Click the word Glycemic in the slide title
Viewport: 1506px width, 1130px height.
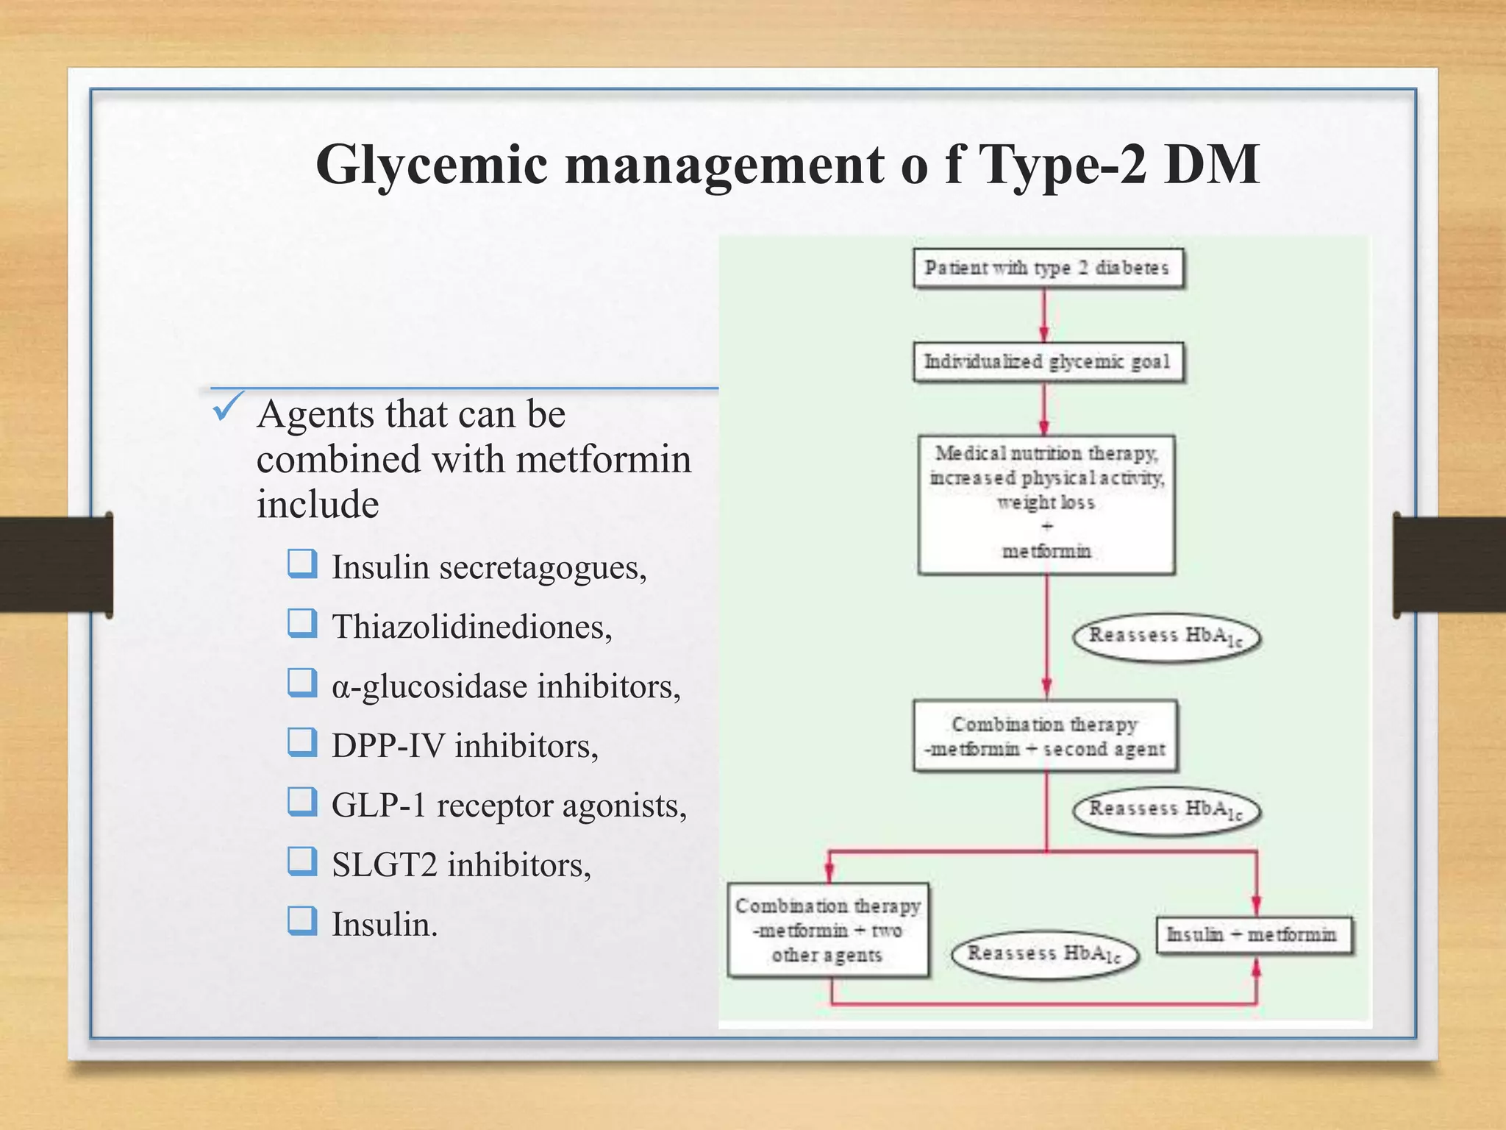click(432, 165)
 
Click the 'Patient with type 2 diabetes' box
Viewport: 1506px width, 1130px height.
click(1047, 268)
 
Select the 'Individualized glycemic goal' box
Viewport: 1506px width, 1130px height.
click(1047, 362)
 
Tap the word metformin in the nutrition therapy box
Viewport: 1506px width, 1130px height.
click(1046, 551)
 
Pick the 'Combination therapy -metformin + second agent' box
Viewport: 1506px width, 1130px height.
click(1045, 736)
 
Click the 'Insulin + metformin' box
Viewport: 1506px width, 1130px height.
click(1252, 935)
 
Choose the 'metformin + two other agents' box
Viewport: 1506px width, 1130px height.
click(828, 931)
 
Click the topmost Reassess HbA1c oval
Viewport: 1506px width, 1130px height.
click(1166, 637)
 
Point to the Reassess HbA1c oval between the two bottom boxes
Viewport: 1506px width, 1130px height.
click(1045, 954)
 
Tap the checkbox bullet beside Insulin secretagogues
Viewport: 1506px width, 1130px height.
click(302, 564)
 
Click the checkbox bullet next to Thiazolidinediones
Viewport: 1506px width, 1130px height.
click(302, 624)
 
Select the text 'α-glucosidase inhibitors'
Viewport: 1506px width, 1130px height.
click(506, 686)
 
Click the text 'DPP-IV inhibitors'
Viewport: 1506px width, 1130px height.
click(465, 746)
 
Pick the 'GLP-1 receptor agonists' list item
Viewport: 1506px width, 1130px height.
click(509, 806)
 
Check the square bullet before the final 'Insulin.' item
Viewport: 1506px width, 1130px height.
click(302, 920)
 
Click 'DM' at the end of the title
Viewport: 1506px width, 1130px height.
click(1211, 165)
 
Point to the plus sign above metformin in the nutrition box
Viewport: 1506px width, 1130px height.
click(1047, 527)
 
